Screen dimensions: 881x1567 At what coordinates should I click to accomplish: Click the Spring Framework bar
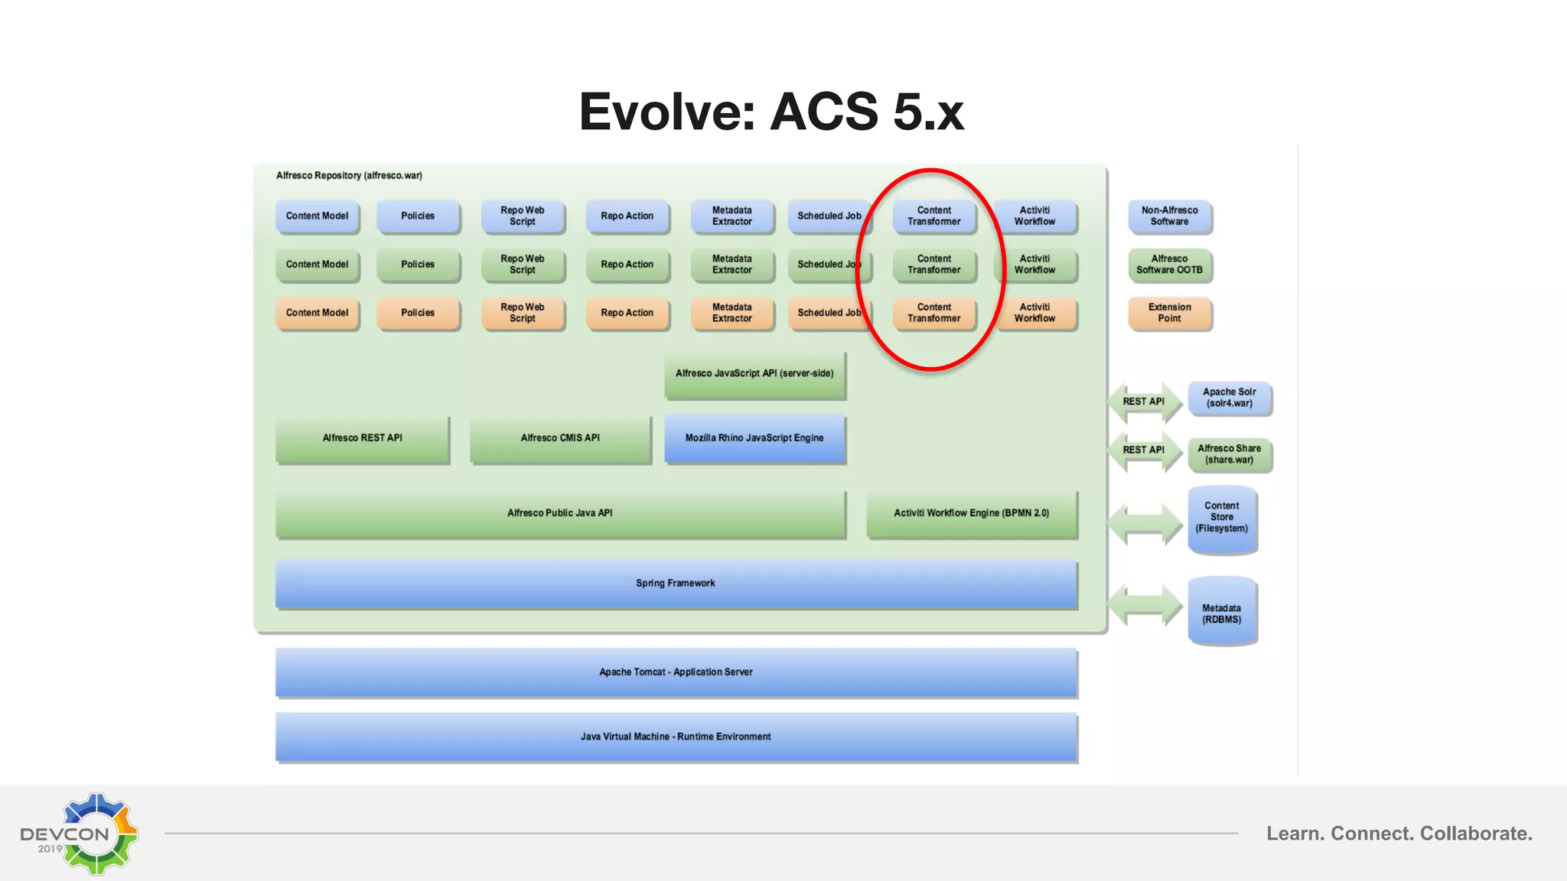click(676, 584)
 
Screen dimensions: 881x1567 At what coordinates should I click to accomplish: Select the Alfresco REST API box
click(362, 438)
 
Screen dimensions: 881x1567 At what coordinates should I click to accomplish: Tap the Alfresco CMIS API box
click(560, 438)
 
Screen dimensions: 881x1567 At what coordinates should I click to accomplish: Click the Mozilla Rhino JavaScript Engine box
click(754, 438)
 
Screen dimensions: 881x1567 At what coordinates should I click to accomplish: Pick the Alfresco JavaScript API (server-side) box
click(754, 374)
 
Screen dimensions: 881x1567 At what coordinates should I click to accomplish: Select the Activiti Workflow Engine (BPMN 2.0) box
click(971, 513)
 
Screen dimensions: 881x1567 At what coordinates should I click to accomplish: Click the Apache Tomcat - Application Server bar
click(676, 672)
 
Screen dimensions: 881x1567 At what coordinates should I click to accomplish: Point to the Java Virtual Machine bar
click(676, 736)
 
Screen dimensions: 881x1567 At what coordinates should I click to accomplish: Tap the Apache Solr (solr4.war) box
click(1229, 398)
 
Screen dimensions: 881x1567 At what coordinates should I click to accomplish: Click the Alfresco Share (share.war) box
click(1229, 454)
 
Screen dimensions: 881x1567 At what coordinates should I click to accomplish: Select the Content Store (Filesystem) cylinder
click(1222, 519)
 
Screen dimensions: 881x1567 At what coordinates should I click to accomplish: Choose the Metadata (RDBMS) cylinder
click(1222, 613)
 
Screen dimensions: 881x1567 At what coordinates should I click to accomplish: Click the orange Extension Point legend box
click(1169, 313)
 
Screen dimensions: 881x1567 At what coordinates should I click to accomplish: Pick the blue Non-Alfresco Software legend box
click(1169, 216)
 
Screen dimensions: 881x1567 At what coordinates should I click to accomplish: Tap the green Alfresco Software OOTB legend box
click(1169, 265)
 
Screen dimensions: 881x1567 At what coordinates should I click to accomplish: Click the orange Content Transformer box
click(933, 313)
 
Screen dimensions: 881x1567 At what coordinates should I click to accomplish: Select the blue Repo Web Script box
click(523, 216)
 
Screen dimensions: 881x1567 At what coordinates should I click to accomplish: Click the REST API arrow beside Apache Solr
click(1144, 401)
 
